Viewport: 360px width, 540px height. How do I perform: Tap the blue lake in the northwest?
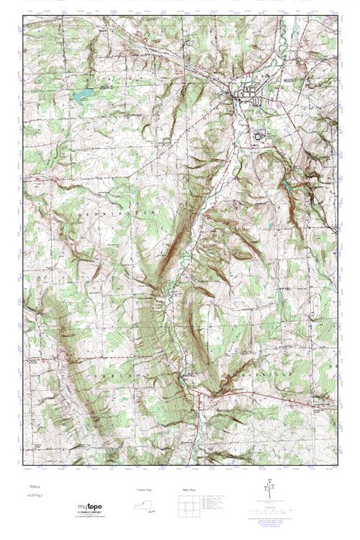81,94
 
